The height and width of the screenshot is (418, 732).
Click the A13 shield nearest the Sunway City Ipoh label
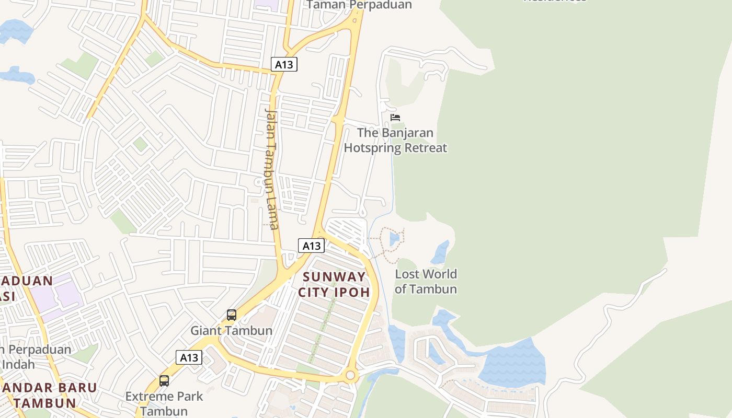coord(311,246)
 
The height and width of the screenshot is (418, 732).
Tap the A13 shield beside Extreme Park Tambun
coord(189,357)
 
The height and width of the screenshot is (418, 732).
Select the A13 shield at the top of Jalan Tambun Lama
coord(284,64)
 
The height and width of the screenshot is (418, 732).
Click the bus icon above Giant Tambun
coord(232,315)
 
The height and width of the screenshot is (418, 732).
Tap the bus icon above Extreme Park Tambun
coord(164,380)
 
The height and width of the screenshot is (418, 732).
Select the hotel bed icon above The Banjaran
coord(395,118)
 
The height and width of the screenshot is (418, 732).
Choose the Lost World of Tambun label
coord(426,282)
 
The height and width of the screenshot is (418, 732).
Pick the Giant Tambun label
coord(231,331)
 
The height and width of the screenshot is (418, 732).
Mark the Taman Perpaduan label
coord(359,5)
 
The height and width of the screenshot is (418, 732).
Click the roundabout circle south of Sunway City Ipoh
coord(350,375)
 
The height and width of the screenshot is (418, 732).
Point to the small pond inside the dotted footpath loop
coord(394,239)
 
